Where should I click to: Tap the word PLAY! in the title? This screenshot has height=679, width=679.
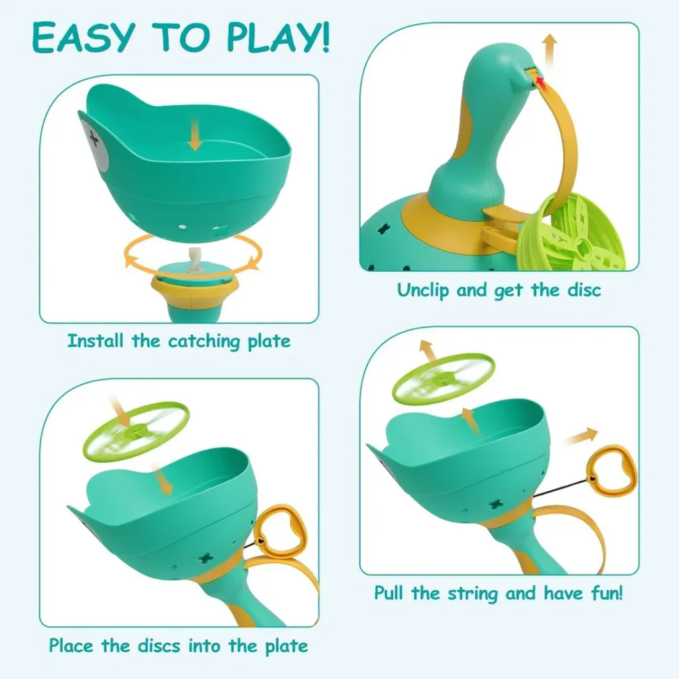(278, 38)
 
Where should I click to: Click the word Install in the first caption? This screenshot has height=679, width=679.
(95, 341)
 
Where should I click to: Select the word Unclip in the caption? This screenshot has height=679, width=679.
(423, 290)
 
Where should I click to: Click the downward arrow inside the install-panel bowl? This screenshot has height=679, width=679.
(196, 135)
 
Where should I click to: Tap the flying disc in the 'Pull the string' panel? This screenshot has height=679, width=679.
(444, 379)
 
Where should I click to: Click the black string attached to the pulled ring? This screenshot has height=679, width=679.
(560, 488)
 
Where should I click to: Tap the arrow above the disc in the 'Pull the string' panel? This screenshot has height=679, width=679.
(428, 350)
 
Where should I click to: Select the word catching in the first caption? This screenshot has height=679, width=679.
(204, 341)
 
